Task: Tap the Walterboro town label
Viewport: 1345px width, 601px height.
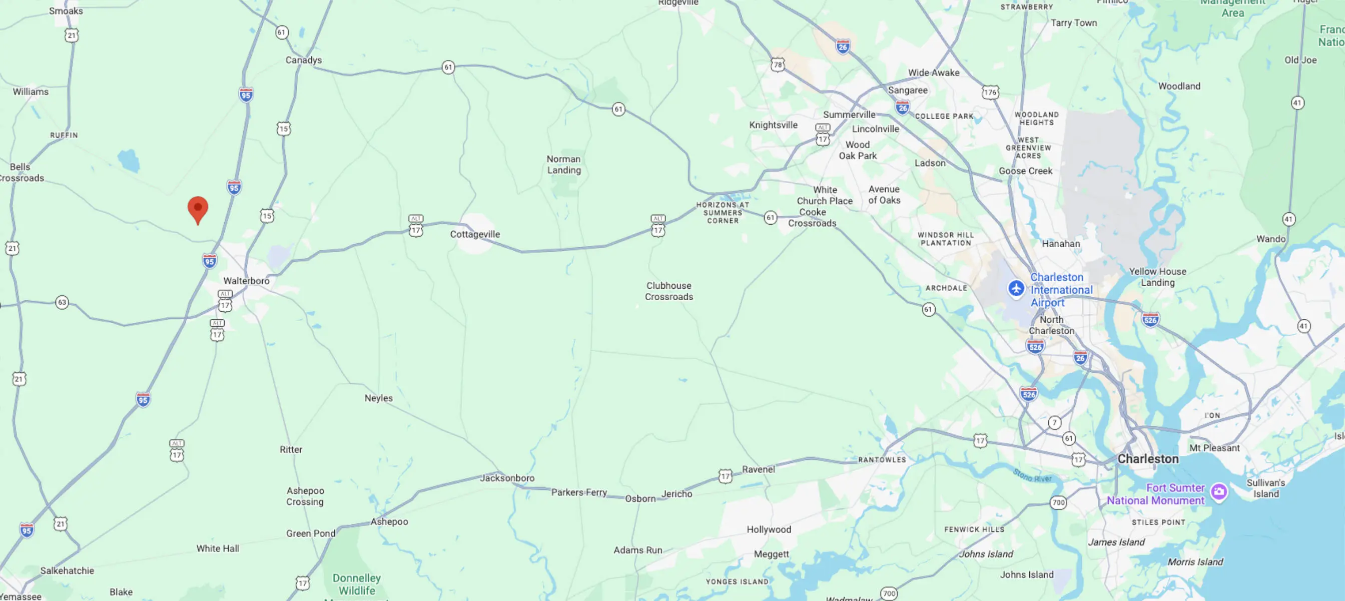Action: pos(247,280)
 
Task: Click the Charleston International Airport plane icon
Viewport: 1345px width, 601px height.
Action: pos(1016,288)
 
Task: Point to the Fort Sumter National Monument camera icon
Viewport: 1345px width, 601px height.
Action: pos(1218,491)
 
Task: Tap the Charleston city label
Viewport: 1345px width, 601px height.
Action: pos(1148,458)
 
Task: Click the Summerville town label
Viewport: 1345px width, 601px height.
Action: pos(849,115)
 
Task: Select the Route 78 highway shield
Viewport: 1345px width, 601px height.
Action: pos(778,65)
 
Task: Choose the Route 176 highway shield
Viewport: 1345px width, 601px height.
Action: pos(990,93)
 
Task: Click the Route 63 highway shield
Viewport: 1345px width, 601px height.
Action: pos(62,302)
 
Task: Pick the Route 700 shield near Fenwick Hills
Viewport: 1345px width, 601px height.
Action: pos(1058,503)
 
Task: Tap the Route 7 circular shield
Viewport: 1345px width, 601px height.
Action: pos(1054,422)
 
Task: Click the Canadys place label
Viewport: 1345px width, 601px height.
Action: pos(303,60)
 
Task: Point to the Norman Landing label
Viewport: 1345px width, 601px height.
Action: pos(563,165)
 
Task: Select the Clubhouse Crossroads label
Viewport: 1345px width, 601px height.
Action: pos(668,291)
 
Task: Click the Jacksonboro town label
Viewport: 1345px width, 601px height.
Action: pos(507,478)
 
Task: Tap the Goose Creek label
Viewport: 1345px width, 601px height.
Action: pos(1025,171)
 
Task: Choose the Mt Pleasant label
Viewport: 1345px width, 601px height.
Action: pos(1214,447)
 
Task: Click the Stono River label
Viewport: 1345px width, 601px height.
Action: pos(1032,475)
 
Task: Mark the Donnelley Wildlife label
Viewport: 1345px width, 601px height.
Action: pos(357,584)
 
